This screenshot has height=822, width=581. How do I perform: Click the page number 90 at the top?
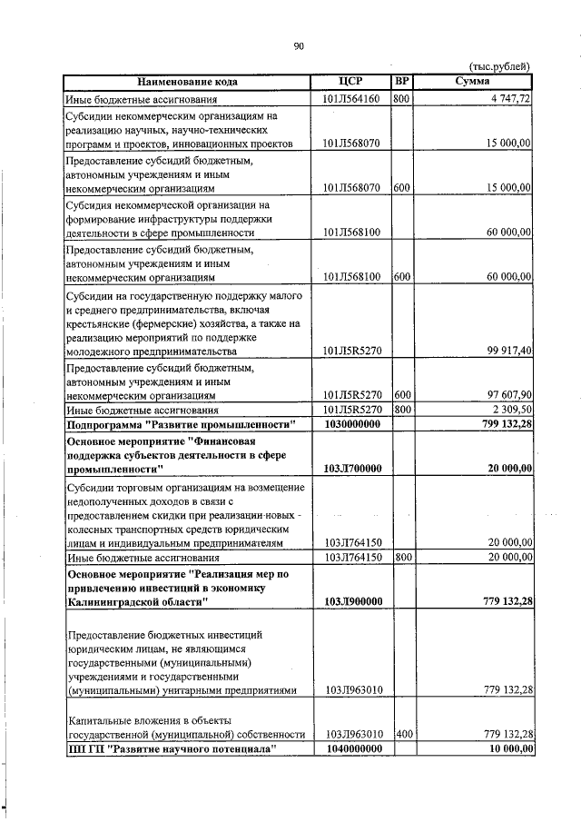pos(299,46)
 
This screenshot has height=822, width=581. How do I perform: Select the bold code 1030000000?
pos(350,425)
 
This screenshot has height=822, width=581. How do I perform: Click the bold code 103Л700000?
pos(351,469)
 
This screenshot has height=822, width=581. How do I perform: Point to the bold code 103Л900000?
pos(351,601)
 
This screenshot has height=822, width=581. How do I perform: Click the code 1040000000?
pos(350,748)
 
